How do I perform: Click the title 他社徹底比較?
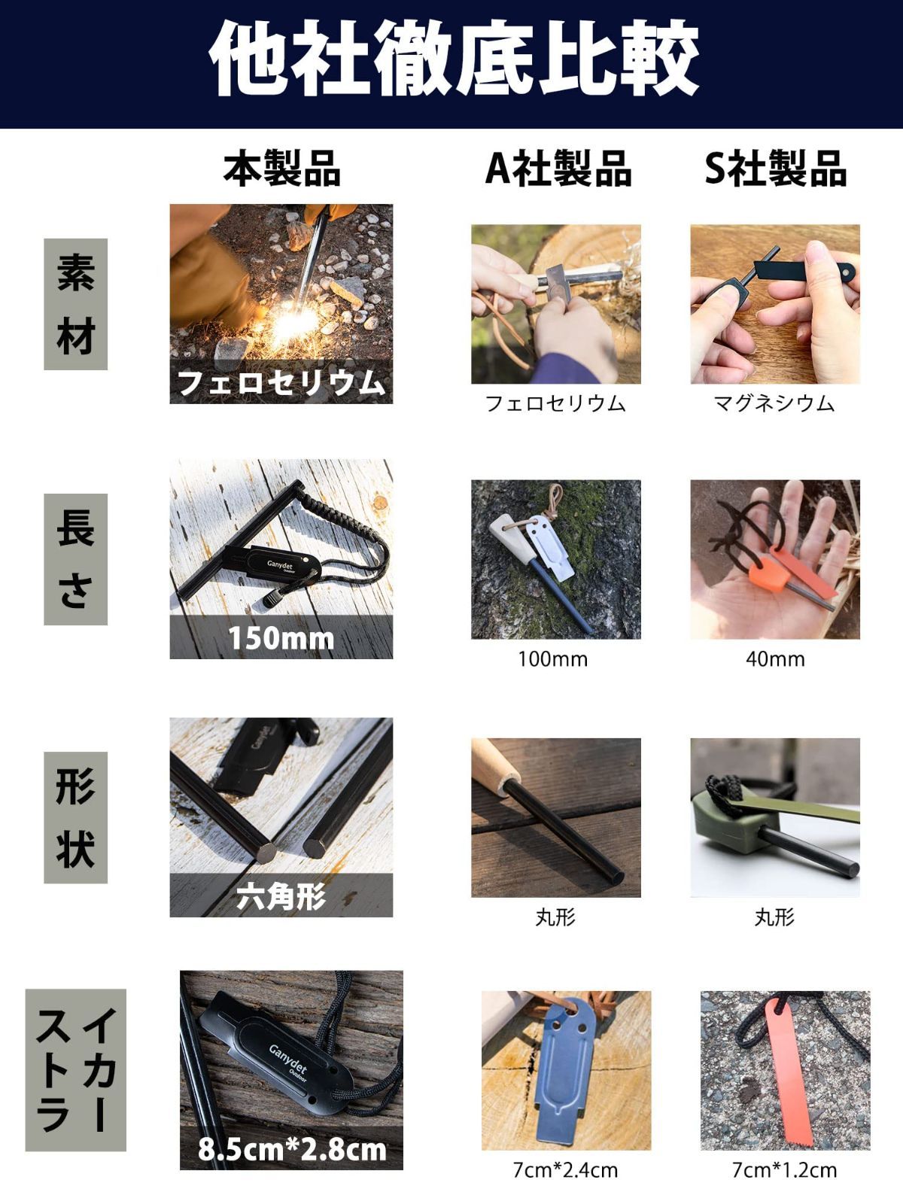pyautogui.click(x=453, y=59)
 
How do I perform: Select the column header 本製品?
pyautogui.click(x=281, y=169)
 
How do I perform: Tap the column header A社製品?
pyautogui.click(x=558, y=169)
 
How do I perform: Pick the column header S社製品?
pyautogui.click(x=775, y=169)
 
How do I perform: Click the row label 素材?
pyautogui.click(x=76, y=304)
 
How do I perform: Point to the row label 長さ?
pyautogui.click(x=76, y=559)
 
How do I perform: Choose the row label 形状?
pyautogui.click(x=76, y=817)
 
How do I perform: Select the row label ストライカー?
pyautogui.click(x=76, y=1069)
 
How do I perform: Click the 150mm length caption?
pyautogui.click(x=281, y=638)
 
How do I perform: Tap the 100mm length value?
pyautogui.click(x=552, y=658)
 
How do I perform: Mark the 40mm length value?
pyautogui.click(x=775, y=658)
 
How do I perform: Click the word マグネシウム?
pyautogui.click(x=774, y=403)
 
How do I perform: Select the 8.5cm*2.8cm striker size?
pyautogui.click(x=292, y=1149)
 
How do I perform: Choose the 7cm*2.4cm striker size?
pyautogui.click(x=565, y=1170)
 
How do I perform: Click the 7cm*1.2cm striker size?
pyautogui.click(x=785, y=1170)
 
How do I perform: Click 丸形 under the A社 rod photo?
pyautogui.click(x=555, y=917)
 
